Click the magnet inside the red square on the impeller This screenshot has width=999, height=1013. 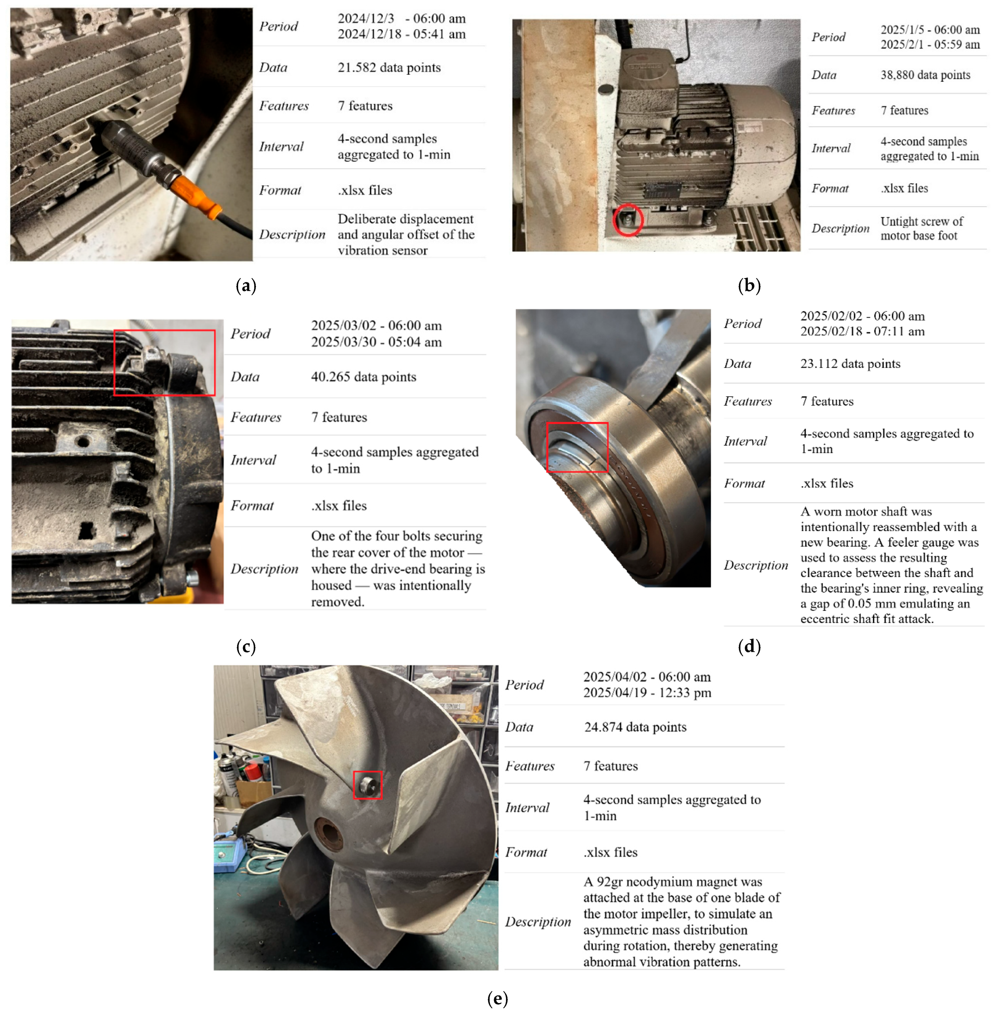pos(367,785)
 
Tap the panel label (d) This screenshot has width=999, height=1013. pos(749,646)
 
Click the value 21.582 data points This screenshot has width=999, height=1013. pos(389,68)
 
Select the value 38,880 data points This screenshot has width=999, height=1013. pos(925,75)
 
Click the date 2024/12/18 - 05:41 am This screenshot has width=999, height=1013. pos(402,34)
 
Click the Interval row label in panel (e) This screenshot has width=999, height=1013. pos(527,807)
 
